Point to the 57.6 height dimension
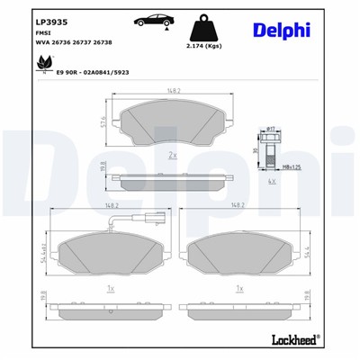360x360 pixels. pyautogui.click(x=105, y=121)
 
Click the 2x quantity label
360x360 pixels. pyautogui.click(x=173, y=155)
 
